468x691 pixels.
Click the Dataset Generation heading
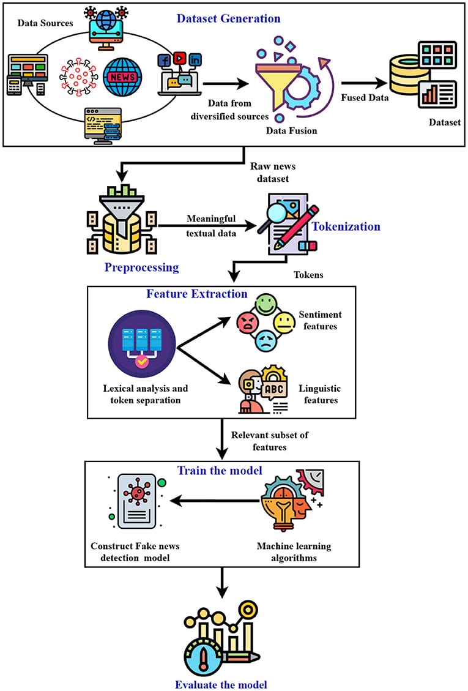[228, 18]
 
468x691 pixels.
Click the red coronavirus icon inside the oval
[78, 78]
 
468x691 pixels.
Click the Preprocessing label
[141, 267]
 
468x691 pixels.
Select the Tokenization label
[346, 226]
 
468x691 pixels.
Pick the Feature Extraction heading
[197, 294]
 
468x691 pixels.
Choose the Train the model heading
[220, 471]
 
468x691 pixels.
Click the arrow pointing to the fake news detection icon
[214, 501]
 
